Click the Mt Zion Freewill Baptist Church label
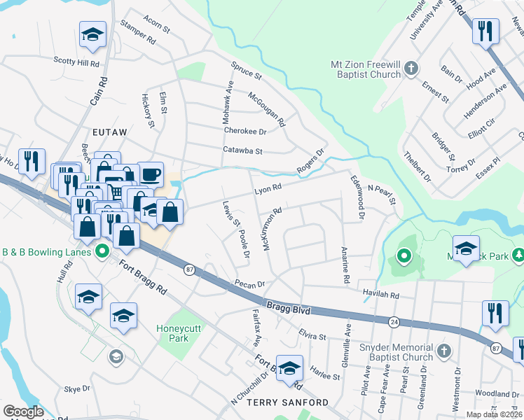(x=364, y=69)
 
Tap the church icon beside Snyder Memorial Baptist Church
(x=443, y=350)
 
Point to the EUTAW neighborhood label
(x=107, y=132)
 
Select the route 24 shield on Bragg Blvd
(x=395, y=322)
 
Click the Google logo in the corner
(x=23, y=412)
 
